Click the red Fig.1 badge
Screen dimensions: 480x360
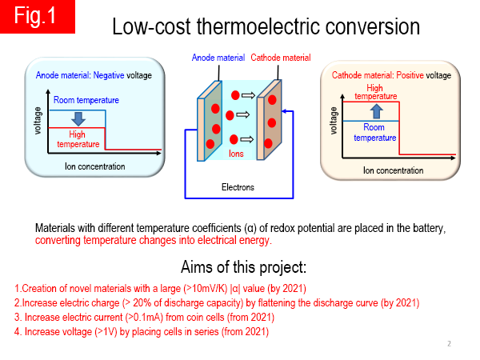(38, 17)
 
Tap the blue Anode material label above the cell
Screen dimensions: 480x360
(218, 58)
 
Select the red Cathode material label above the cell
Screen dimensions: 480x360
(281, 58)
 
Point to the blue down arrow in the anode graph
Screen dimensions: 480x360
(78, 118)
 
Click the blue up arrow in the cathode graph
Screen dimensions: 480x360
(377, 111)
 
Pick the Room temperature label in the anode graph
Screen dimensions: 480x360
(86, 100)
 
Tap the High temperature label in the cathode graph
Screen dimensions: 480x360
(376, 92)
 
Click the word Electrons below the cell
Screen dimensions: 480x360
(238, 187)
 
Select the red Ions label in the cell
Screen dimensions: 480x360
(236, 154)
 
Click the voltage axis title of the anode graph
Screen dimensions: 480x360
(38, 121)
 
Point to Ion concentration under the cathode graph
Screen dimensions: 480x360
(394, 170)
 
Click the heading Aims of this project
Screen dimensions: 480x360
(244, 267)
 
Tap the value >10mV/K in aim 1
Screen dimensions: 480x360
(206, 288)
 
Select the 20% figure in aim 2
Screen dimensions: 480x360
(142, 302)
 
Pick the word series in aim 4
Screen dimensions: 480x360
(208, 331)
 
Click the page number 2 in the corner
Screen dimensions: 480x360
(449, 343)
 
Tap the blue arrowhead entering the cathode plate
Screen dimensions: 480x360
(284, 111)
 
